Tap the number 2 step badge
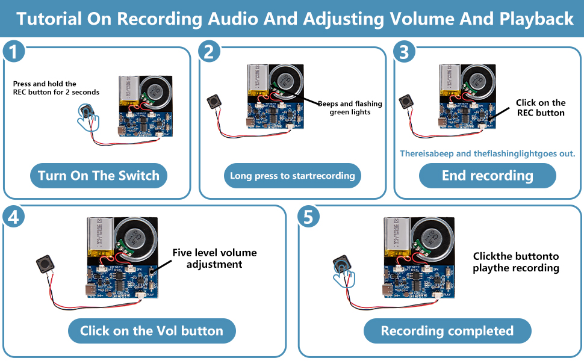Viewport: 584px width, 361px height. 208,52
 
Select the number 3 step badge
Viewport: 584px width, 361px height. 403,52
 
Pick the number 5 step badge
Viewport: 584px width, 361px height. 308,217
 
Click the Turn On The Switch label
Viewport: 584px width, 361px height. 98,176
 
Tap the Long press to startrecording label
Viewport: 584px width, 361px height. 292,176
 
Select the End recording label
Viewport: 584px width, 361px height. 487,176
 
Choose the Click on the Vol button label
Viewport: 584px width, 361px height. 151,330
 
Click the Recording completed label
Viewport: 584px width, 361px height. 447,331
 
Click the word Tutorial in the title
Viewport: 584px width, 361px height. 48,19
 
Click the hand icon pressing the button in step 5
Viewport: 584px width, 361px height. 344,272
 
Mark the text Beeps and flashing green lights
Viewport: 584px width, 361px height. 350,108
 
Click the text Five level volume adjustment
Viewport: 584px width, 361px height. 214,258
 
